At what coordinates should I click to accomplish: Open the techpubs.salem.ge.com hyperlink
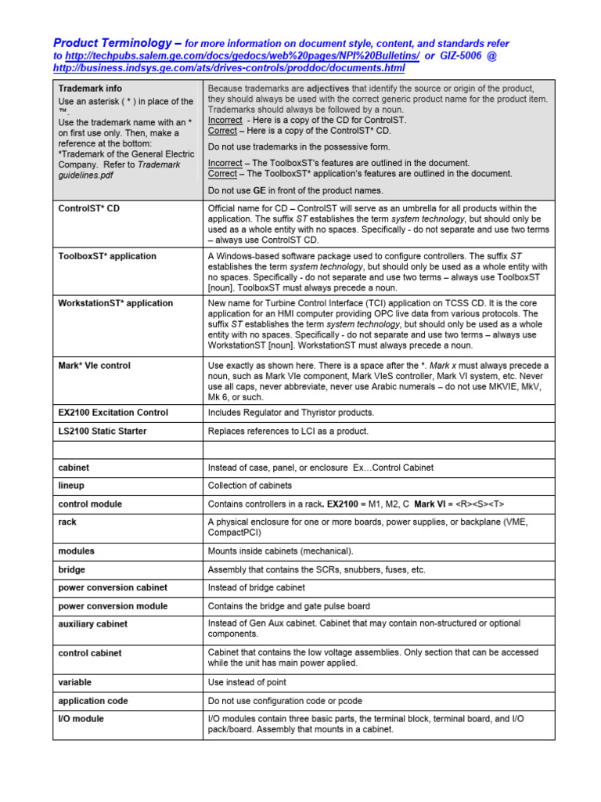pyautogui.click(x=243, y=56)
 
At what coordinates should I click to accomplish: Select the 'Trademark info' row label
pyautogui.click(x=90, y=89)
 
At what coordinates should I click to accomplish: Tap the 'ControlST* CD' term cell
pyautogui.click(x=89, y=208)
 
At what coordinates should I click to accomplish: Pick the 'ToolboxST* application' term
pyautogui.click(x=107, y=256)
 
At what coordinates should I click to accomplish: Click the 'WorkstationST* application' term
pyautogui.click(x=116, y=303)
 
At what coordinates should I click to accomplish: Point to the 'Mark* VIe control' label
pyautogui.click(x=95, y=365)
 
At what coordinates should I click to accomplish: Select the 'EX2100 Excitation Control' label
pyautogui.click(x=113, y=412)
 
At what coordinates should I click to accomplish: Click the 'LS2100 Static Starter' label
pyautogui.click(x=103, y=431)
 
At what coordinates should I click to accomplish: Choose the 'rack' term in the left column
pyautogui.click(x=67, y=522)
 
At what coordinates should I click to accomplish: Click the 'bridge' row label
pyautogui.click(x=72, y=569)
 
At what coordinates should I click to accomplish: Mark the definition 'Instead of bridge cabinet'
pyautogui.click(x=257, y=587)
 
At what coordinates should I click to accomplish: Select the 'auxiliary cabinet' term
pyautogui.click(x=93, y=624)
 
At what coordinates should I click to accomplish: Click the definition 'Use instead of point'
pyautogui.click(x=247, y=682)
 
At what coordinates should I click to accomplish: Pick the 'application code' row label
pyautogui.click(x=93, y=701)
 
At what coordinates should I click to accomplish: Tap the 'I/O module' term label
pyautogui.click(x=81, y=718)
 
